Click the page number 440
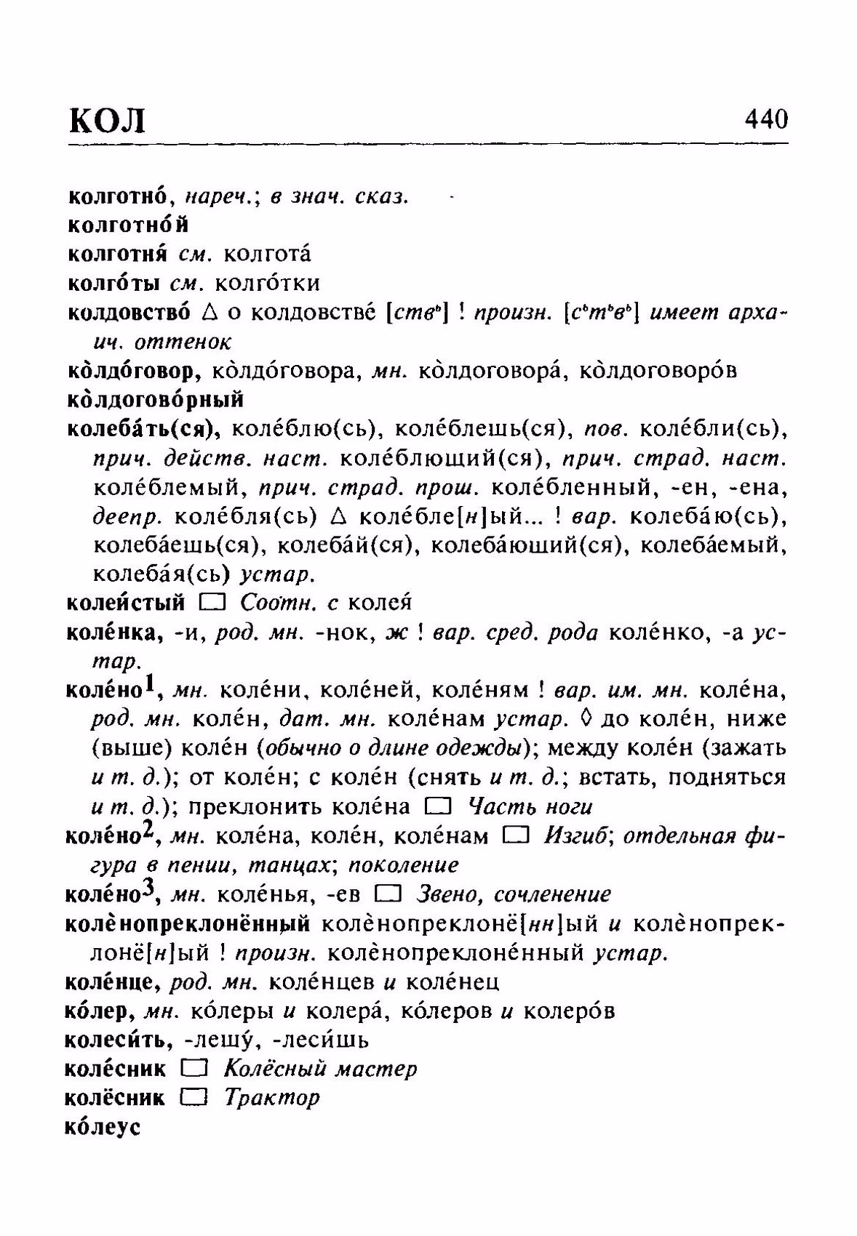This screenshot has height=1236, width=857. click(x=765, y=118)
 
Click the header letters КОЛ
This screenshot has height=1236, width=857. click(x=107, y=120)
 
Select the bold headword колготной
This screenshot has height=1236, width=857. click(x=128, y=225)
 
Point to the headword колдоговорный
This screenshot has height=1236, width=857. click(x=155, y=399)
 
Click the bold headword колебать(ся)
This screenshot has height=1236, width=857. click(x=143, y=429)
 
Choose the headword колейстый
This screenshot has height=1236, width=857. click(x=125, y=603)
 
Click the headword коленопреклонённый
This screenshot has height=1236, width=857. click(x=187, y=923)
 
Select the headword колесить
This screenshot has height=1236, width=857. click(x=118, y=1040)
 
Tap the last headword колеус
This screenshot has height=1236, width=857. click(x=102, y=1127)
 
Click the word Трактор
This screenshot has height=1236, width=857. click(x=271, y=1097)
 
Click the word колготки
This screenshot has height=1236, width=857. click(x=268, y=283)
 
